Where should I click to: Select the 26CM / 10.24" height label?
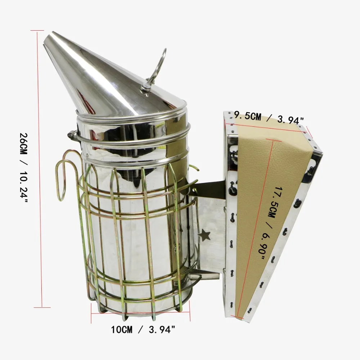pyautogui.click(x=24, y=168)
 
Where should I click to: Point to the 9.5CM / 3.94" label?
pyautogui.click(x=269, y=118)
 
